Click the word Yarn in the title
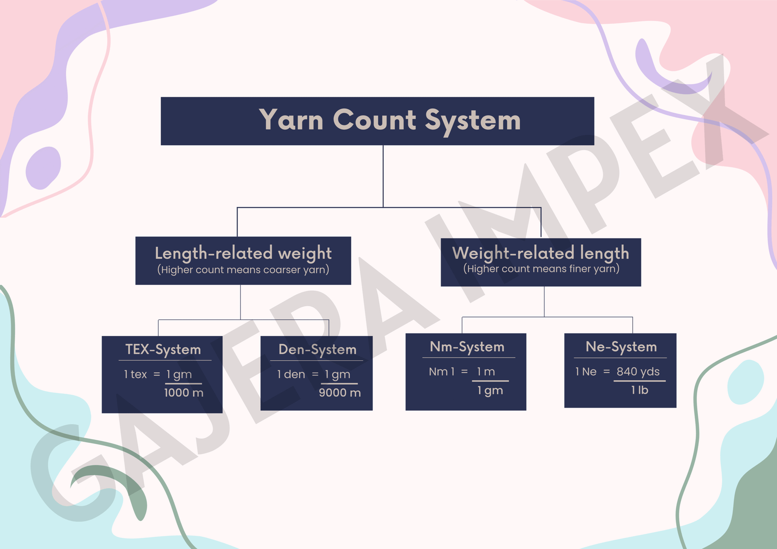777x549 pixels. (291, 120)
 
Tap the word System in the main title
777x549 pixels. (473, 121)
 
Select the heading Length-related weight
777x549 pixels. (243, 253)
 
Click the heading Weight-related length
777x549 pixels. (541, 253)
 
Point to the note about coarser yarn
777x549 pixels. (243, 270)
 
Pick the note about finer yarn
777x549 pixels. (541, 269)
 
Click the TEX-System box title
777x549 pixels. (163, 349)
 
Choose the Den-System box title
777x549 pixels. (317, 349)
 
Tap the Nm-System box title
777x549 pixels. (467, 347)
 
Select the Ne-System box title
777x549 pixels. (621, 347)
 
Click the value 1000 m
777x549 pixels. (184, 393)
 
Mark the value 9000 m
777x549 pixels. (339, 393)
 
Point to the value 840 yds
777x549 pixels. (638, 372)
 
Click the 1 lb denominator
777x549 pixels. (640, 390)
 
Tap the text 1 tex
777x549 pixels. (135, 374)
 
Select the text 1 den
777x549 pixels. (291, 374)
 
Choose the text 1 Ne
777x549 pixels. (586, 372)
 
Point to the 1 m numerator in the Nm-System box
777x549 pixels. (486, 372)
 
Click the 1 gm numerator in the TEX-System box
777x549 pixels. (179, 374)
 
